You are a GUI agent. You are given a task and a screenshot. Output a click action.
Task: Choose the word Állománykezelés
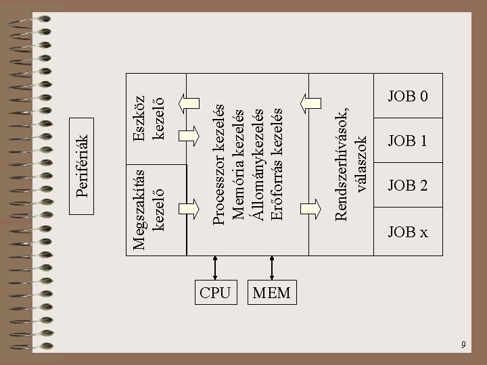pyautogui.click(x=256, y=166)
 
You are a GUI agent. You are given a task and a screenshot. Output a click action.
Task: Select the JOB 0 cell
pyautogui.click(x=407, y=96)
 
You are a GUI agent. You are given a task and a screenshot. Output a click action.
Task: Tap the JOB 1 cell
pyautogui.click(x=407, y=141)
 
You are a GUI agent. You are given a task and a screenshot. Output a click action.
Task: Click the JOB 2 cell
pyautogui.click(x=407, y=185)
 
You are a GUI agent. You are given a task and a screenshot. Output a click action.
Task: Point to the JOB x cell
pyautogui.click(x=407, y=233)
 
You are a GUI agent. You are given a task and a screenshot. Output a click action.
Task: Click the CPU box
pyautogui.click(x=215, y=293)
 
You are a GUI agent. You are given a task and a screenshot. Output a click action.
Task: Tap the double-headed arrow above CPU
pyautogui.click(x=215, y=267)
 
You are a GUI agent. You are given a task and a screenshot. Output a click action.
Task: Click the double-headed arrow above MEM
pyautogui.click(x=271, y=267)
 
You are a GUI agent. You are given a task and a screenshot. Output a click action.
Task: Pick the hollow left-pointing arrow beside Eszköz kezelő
pyautogui.click(x=187, y=103)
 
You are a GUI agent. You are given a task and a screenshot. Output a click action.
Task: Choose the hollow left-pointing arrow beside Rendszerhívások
pyautogui.click(x=312, y=103)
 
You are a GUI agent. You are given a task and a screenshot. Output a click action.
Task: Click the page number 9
pyautogui.click(x=463, y=345)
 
